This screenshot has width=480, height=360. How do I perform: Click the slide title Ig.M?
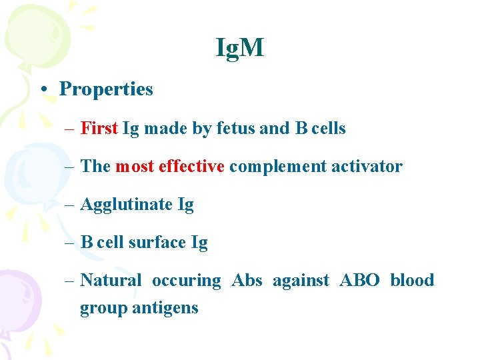(x=240, y=48)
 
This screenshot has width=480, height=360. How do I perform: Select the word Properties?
(x=106, y=89)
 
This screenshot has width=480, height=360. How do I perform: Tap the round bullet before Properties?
(x=42, y=89)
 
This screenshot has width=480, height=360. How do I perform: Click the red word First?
(x=99, y=128)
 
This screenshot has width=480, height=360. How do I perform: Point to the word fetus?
(x=236, y=128)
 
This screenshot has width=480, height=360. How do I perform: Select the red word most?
(x=135, y=166)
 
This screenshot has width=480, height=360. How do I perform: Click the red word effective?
(x=191, y=166)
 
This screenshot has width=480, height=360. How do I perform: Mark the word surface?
(x=157, y=243)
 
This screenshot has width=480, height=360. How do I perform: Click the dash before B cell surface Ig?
(x=71, y=243)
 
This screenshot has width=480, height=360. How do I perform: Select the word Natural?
(x=111, y=281)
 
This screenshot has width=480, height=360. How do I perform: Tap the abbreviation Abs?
(x=247, y=281)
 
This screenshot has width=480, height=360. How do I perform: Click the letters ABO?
(x=359, y=281)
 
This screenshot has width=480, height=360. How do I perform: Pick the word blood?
(x=412, y=281)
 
